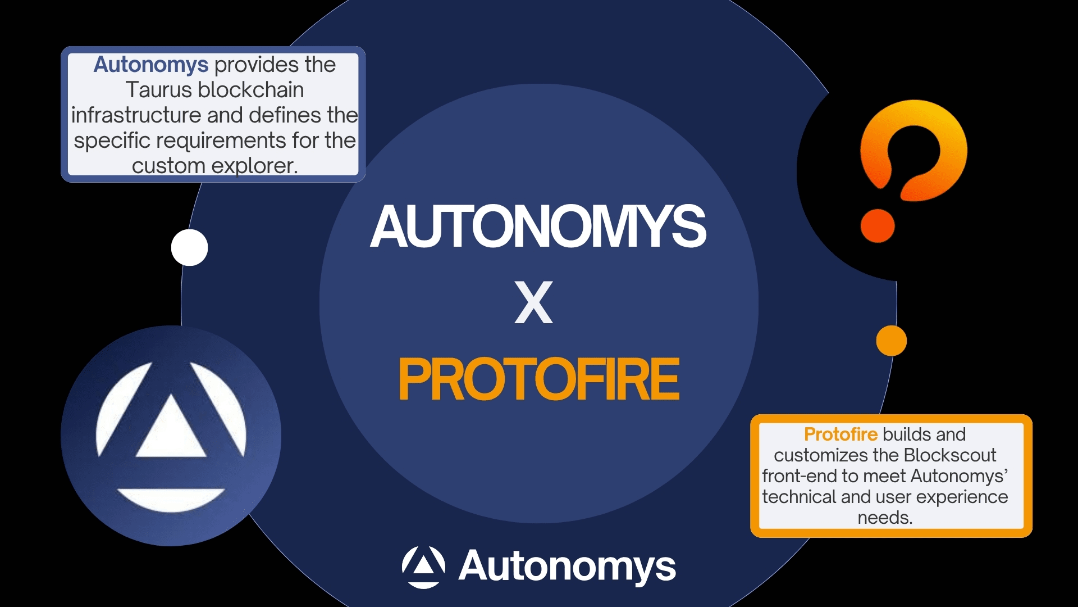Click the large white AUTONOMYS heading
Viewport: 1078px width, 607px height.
[538, 226]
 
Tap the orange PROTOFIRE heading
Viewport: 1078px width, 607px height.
[539, 380]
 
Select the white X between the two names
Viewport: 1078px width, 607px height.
[533, 303]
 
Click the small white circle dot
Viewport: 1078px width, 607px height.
[190, 247]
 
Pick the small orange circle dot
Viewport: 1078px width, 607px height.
[892, 341]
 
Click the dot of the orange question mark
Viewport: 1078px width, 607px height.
[878, 226]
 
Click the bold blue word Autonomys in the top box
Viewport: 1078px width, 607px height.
[151, 65]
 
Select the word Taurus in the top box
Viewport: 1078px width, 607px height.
[159, 90]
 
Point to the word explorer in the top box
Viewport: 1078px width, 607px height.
[254, 166]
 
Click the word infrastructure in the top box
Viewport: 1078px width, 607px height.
[136, 115]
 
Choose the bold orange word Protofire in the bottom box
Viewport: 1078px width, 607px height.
[841, 434]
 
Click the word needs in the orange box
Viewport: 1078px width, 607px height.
[885, 518]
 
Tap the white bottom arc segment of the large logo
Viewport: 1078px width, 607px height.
[171, 499]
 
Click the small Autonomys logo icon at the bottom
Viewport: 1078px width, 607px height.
[424, 567]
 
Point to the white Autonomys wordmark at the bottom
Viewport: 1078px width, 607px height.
[567, 567]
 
